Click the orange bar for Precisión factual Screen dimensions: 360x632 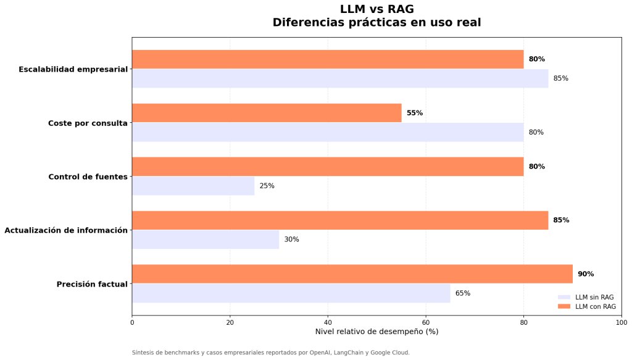click(352, 274)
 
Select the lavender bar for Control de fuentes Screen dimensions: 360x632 click(193, 186)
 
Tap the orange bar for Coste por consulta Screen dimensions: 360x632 click(267, 113)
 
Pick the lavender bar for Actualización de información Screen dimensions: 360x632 click(206, 240)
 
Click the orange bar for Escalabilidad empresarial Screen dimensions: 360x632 click(328, 59)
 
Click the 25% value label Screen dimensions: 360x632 click(267, 186)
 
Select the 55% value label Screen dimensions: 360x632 click(414, 113)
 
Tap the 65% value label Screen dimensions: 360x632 click(462, 293)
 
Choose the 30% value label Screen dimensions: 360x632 click(291, 240)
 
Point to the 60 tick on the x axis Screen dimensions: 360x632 click(426, 322)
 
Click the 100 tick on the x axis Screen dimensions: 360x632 click(622, 322)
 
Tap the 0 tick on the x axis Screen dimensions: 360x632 click(132, 322)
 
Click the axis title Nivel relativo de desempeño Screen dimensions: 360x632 click(376, 332)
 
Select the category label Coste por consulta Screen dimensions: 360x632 click(88, 123)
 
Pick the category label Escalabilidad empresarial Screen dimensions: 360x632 click(73, 69)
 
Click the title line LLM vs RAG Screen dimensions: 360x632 click(376, 9)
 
